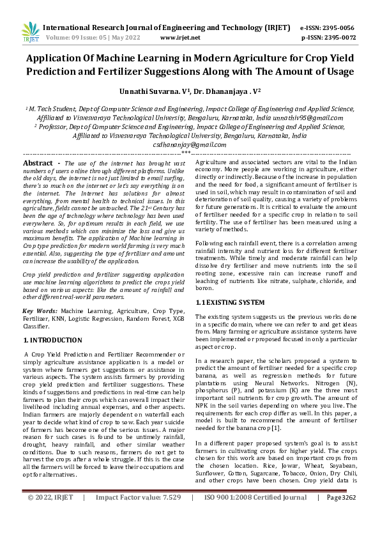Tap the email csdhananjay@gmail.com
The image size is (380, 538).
click(190, 145)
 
